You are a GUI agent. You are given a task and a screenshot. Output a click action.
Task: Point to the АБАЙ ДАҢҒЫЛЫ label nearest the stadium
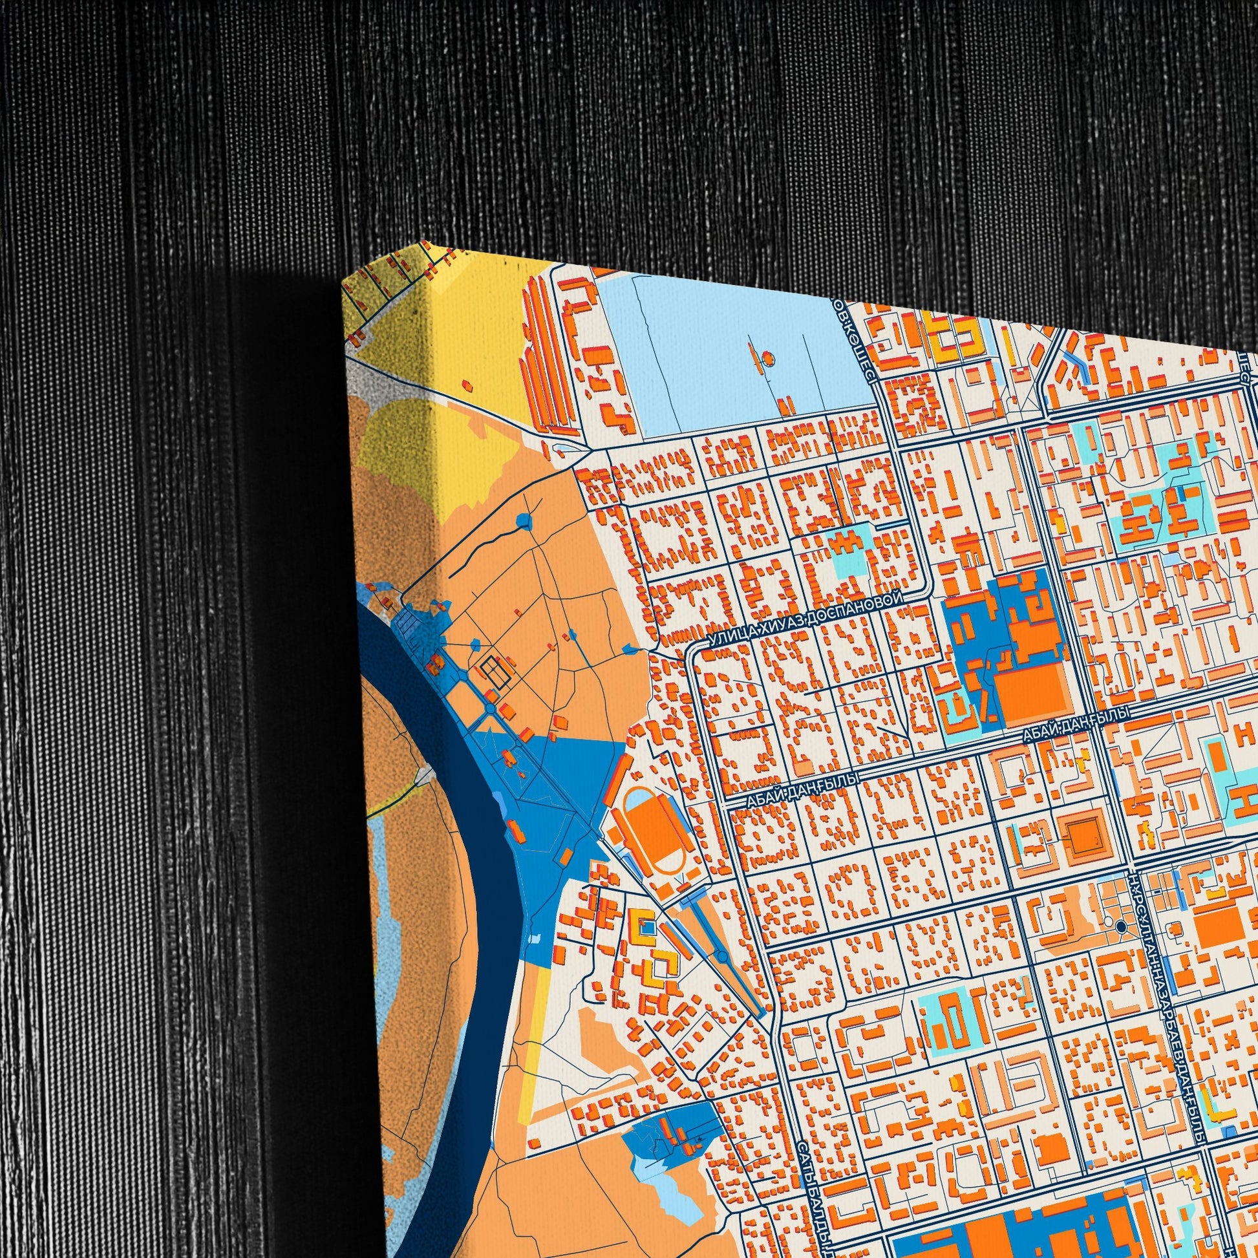pyautogui.click(x=802, y=790)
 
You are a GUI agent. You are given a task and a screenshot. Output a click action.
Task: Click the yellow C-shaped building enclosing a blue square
pyautogui.click(x=644, y=927)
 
